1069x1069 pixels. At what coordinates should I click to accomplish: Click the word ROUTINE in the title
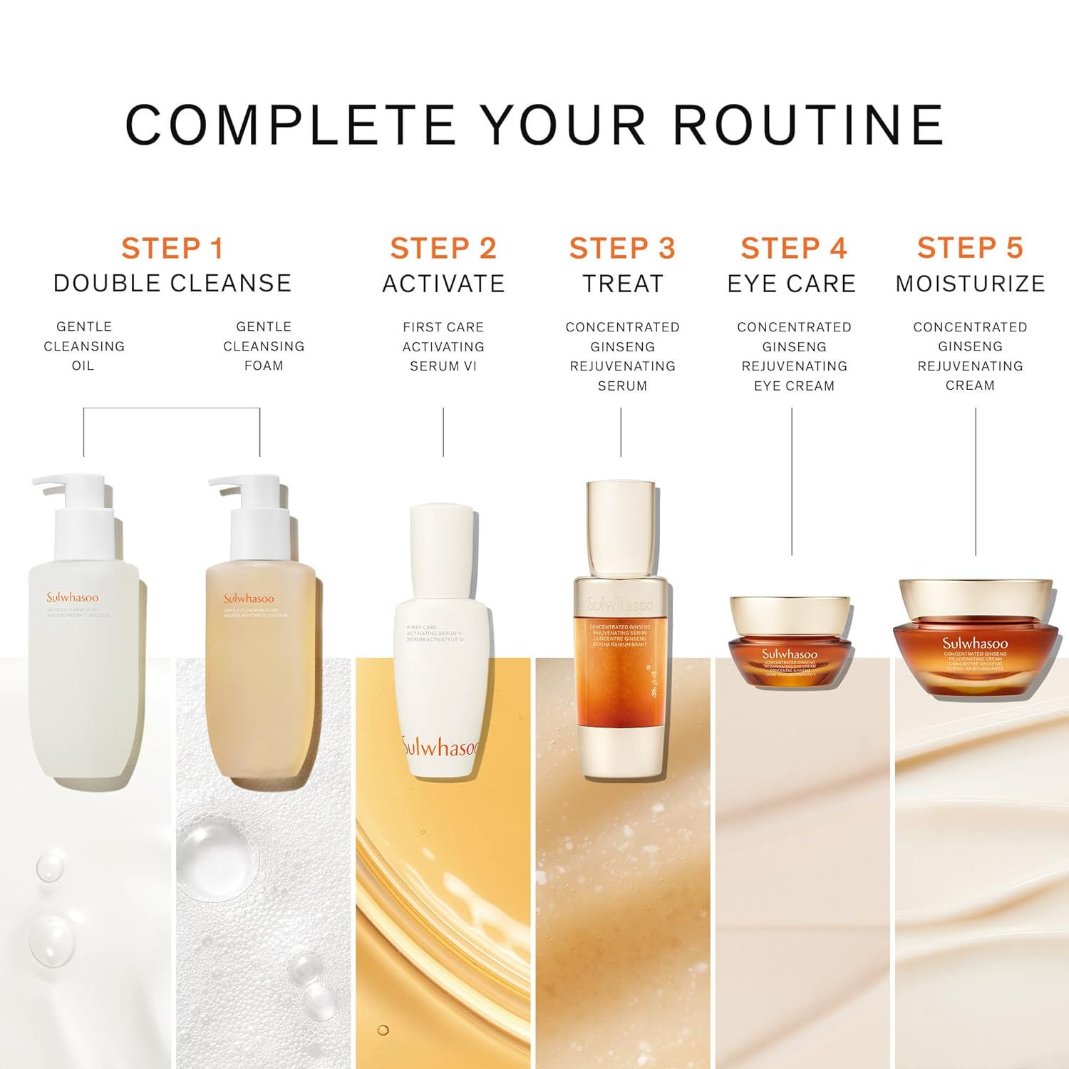tap(808, 125)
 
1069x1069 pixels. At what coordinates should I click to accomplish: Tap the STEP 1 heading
tap(172, 249)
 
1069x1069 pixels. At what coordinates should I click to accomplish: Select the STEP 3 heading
tap(621, 249)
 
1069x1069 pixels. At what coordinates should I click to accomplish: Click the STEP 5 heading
tap(970, 248)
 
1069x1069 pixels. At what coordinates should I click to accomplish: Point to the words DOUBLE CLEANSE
tap(172, 284)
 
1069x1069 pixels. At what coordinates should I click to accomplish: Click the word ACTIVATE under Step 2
tap(443, 284)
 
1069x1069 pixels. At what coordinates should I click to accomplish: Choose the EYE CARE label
tap(791, 284)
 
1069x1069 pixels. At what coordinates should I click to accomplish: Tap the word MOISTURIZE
tap(970, 284)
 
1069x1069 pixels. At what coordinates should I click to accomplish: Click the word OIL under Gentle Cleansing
tap(83, 366)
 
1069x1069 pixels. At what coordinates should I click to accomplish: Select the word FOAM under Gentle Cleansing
tap(264, 366)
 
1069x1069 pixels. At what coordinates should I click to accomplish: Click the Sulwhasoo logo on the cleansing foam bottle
tap(249, 599)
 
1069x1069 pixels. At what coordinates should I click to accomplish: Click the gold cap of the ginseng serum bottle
tap(621, 527)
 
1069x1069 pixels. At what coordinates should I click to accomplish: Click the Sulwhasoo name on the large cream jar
tap(975, 643)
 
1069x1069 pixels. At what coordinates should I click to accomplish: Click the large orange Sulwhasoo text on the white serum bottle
tap(442, 746)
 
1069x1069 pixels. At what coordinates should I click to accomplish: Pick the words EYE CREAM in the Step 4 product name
tap(794, 386)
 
